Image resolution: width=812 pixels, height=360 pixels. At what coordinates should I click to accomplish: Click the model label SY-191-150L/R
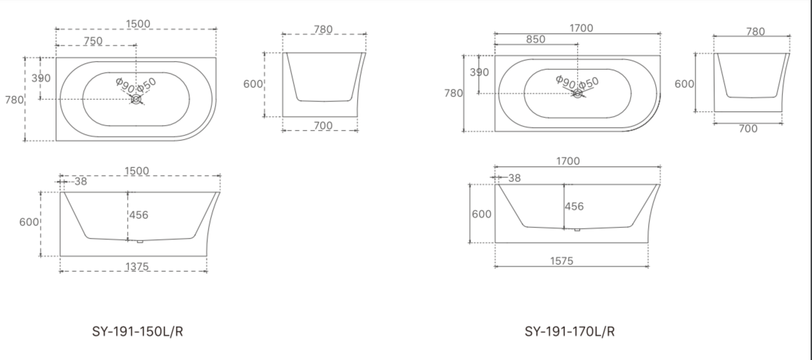pyautogui.click(x=137, y=331)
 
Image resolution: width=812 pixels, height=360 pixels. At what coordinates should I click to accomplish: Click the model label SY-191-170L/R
pyautogui.click(x=570, y=331)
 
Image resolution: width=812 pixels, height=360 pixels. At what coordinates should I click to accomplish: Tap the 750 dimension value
pyautogui.click(x=93, y=41)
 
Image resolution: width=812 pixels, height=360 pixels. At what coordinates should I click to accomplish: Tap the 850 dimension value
pyautogui.click(x=536, y=39)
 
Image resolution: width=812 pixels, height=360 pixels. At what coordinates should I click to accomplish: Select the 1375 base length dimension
pyautogui.click(x=137, y=267)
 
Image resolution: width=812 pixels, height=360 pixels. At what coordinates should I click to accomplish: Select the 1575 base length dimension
pyautogui.click(x=561, y=261)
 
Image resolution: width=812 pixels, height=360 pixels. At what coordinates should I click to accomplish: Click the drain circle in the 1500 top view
pyautogui.click(x=136, y=100)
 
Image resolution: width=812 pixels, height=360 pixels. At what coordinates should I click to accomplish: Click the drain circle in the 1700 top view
pyautogui.click(x=577, y=93)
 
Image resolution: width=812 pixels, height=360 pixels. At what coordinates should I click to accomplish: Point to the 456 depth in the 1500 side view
pyautogui.click(x=139, y=215)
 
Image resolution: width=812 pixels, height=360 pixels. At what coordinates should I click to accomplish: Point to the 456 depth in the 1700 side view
pyautogui.click(x=574, y=206)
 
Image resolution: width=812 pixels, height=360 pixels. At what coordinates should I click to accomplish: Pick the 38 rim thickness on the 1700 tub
pyautogui.click(x=514, y=178)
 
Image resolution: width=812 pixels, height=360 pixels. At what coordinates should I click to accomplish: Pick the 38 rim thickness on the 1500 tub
pyautogui.click(x=81, y=181)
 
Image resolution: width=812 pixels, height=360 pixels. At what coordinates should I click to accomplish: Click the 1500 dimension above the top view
pyautogui.click(x=138, y=24)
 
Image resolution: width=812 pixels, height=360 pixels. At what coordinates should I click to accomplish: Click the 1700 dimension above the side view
pyautogui.click(x=568, y=161)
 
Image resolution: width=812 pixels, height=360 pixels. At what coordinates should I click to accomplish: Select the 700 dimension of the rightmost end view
pyautogui.click(x=748, y=129)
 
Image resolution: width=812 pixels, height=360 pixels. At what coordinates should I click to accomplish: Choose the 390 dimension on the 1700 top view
pyautogui.click(x=479, y=72)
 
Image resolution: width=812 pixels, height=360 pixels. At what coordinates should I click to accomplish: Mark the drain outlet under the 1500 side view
pyautogui.click(x=140, y=241)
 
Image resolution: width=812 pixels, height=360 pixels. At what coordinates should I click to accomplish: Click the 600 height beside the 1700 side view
pyautogui.click(x=482, y=214)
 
